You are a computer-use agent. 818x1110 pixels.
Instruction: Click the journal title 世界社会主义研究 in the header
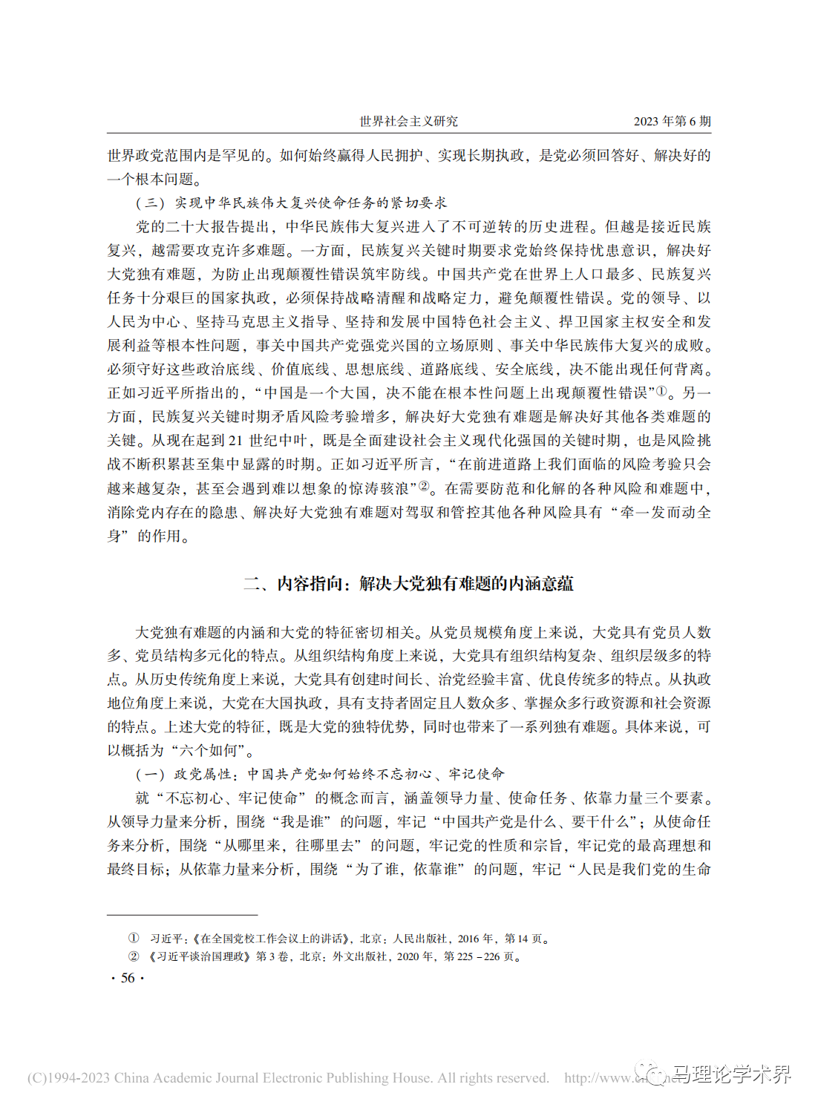point(408,121)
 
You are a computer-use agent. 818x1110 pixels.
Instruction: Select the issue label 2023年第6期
point(672,121)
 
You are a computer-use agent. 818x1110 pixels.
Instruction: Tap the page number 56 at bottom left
point(128,978)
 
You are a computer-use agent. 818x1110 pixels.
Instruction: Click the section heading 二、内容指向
point(408,584)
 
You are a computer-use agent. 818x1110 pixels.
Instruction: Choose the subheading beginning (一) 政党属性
point(320,774)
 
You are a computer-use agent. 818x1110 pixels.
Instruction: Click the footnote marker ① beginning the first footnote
point(134,939)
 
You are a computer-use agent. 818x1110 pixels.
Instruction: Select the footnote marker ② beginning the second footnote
point(134,956)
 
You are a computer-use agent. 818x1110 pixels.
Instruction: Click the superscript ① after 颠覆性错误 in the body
point(661,390)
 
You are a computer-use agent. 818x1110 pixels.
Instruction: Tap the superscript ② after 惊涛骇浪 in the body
point(424,486)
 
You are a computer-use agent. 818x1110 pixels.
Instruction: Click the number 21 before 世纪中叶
point(235,441)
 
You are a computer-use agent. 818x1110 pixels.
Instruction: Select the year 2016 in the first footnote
point(468,939)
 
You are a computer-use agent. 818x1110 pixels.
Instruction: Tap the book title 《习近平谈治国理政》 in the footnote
point(200,956)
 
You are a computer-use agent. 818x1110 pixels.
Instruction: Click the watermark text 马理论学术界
point(730,1074)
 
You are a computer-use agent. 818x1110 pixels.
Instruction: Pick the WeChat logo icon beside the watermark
point(655,1075)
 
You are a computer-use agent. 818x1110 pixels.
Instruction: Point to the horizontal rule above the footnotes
point(182,915)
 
